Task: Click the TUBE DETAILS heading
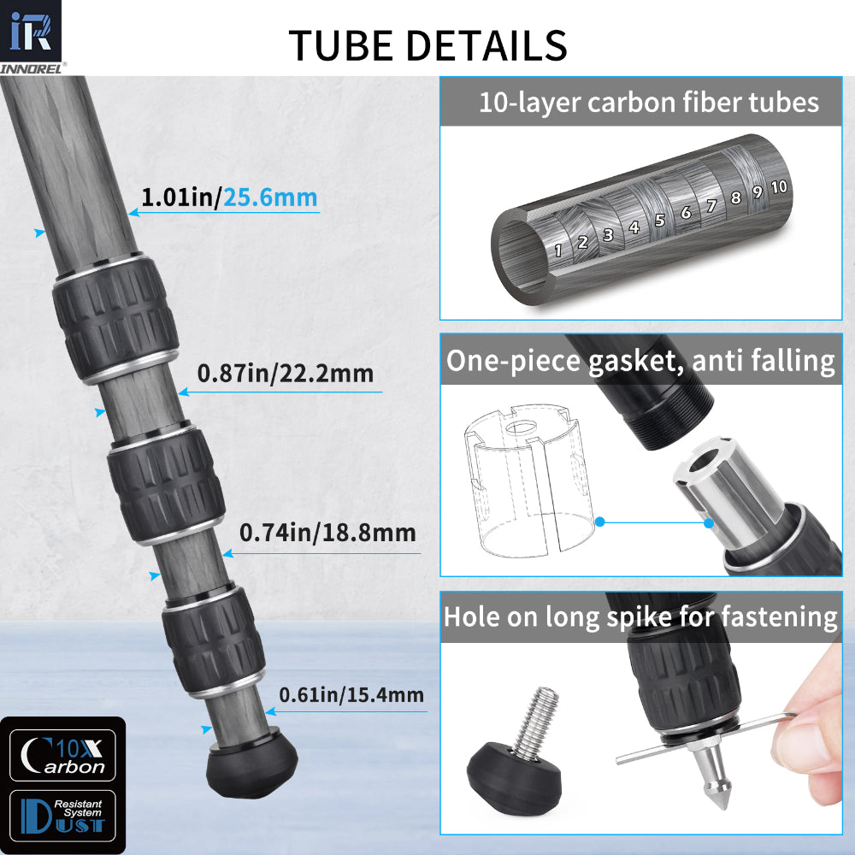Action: [x=427, y=45]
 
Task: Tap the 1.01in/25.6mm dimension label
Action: [x=229, y=198]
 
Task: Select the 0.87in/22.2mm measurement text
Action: [x=285, y=374]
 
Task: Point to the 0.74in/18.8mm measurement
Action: [x=327, y=534]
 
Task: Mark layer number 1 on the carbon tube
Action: [x=557, y=251]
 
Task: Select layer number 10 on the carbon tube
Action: [x=778, y=186]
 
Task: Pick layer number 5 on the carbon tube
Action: [x=659, y=220]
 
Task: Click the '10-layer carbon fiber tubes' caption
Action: [x=648, y=103]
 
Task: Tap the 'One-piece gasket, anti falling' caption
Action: [x=640, y=361]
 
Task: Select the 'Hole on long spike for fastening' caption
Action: [x=640, y=616]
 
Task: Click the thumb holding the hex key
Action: [x=810, y=735]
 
